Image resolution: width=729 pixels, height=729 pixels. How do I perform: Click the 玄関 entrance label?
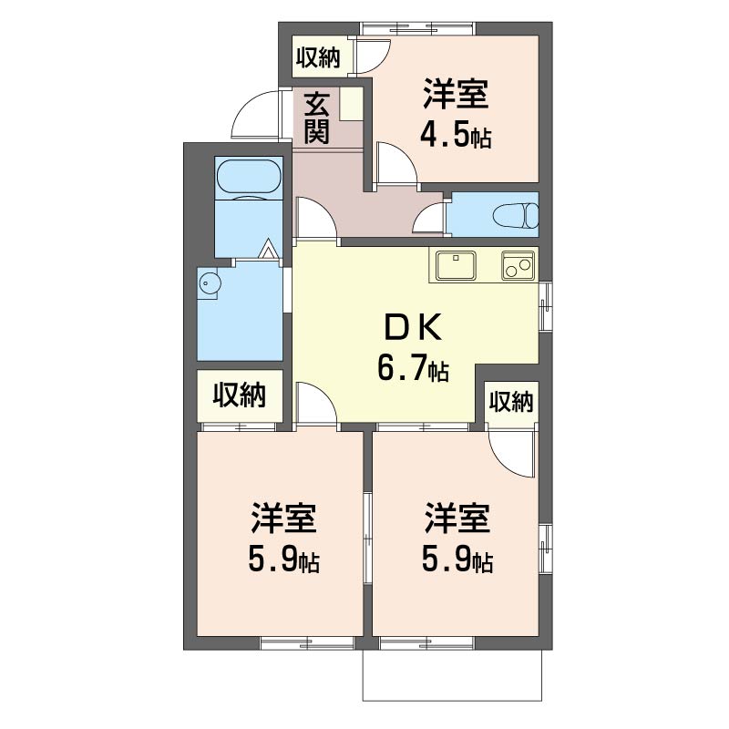317,118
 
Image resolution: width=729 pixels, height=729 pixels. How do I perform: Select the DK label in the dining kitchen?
413,329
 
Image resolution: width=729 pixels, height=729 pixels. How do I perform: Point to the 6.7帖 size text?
413,370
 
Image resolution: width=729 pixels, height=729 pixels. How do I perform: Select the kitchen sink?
456,266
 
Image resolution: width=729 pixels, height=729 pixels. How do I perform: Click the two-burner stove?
518,266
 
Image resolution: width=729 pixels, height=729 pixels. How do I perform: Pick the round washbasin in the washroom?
209,283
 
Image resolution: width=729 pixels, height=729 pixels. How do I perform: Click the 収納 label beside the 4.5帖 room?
318,57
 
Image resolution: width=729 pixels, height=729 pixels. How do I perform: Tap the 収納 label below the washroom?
240,395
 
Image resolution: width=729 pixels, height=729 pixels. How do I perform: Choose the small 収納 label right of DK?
511,401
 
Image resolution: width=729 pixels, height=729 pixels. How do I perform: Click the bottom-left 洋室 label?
284,519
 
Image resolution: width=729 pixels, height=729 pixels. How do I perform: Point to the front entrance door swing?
255,113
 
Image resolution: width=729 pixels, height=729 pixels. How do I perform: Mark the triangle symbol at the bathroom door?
269,249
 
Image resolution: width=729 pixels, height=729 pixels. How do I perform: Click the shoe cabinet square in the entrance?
351,104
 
